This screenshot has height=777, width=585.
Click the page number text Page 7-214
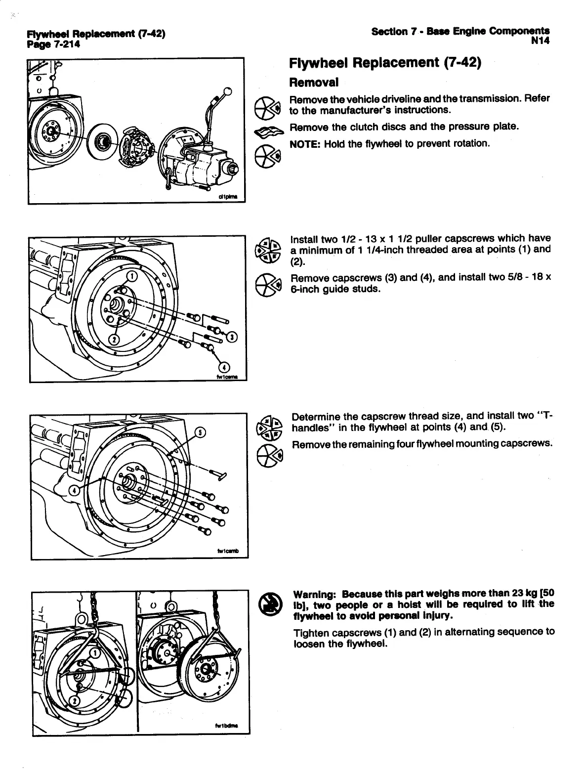point(53,44)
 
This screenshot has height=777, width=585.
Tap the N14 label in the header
point(541,41)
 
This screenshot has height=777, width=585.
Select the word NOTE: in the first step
point(302,144)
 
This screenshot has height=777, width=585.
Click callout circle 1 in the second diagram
point(132,277)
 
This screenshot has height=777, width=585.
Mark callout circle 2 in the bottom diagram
point(75,701)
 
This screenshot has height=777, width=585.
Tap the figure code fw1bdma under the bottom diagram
point(226,726)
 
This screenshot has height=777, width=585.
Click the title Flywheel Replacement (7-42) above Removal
point(385,63)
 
